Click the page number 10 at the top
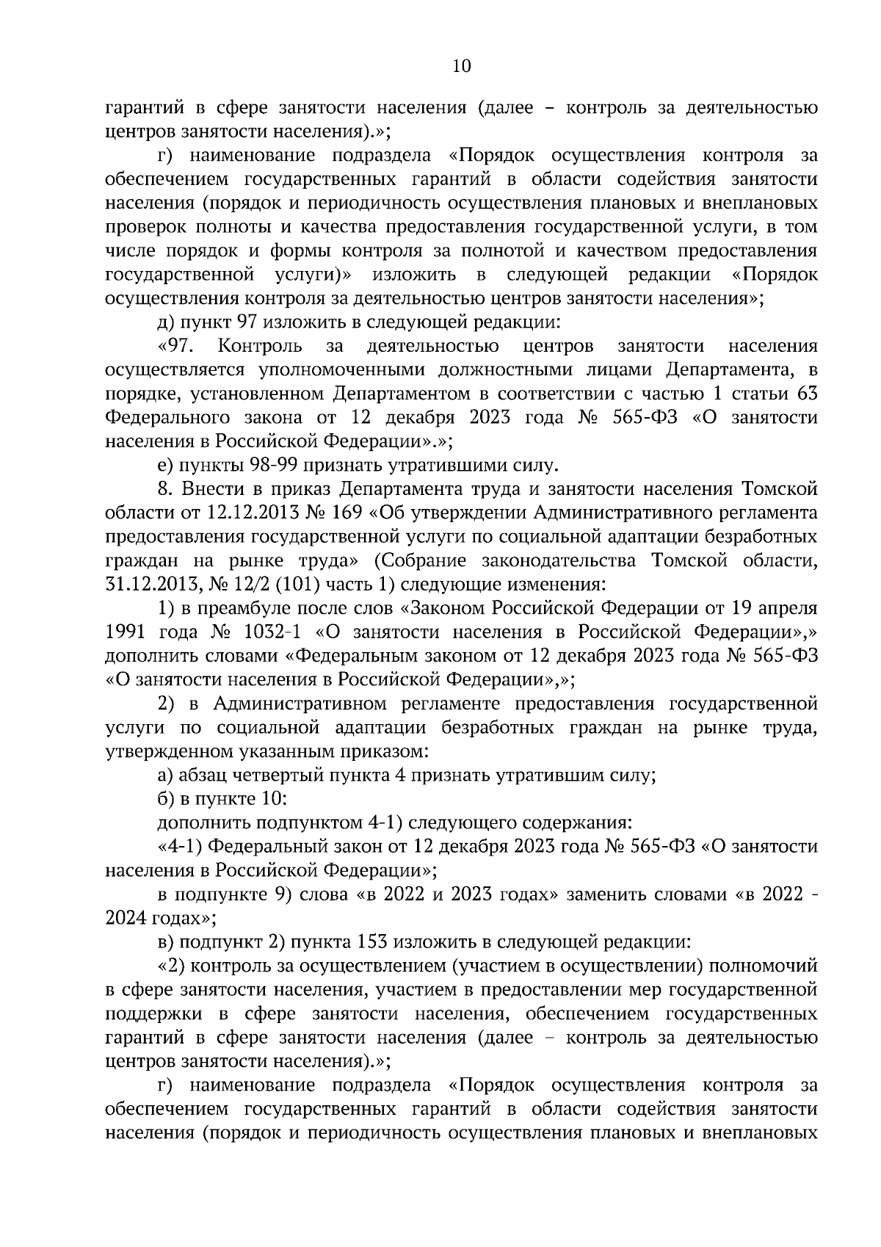click(x=462, y=66)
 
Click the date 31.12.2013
click(x=143, y=585)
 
